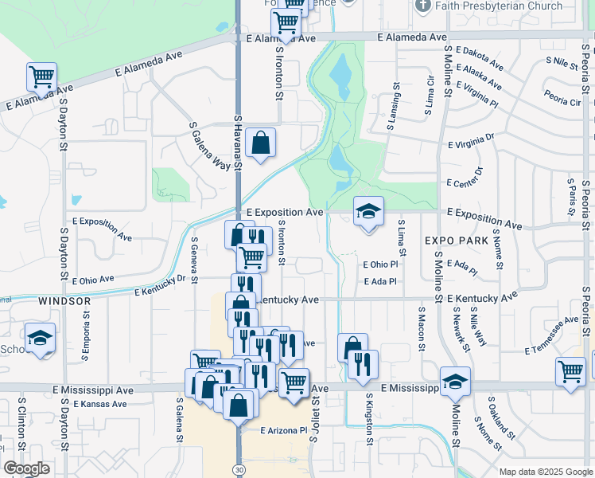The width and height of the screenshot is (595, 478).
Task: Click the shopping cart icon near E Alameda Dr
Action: tap(41, 77)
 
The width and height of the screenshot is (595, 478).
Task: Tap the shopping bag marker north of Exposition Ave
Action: tap(261, 143)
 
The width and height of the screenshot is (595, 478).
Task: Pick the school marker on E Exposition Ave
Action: tap(368, 212)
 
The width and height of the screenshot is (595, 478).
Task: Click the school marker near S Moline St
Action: tap(455, 382)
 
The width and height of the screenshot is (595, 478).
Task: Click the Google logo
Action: tap(26, 468)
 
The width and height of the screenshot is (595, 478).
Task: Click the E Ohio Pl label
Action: tap(379, 264)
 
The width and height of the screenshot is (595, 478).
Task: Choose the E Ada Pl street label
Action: tap(379, 281)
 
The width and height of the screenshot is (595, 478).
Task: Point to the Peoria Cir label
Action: tap(562, 102)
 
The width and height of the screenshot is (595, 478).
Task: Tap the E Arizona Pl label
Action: tap(283, 430)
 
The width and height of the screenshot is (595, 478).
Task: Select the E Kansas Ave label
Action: tap(100, 404)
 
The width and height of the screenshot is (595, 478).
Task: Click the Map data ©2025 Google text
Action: tap(545, 472)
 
